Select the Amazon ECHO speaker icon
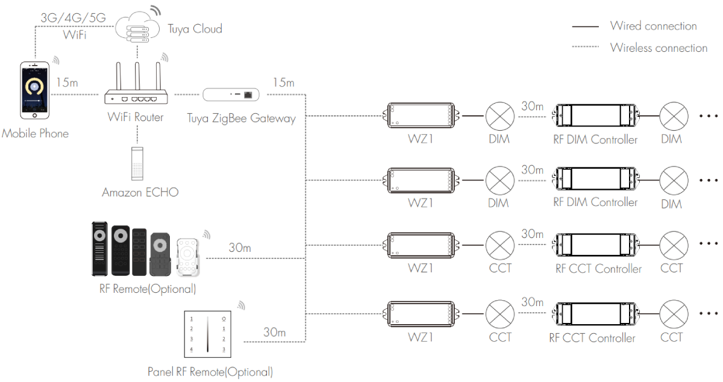click(x=137, y=162)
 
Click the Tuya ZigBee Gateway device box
click(x=231, y=95)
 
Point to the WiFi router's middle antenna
click(x=138, y=75)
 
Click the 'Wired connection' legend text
click(x=653, y=26)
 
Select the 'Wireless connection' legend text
click(x=659, y=48)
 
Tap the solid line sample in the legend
click(x=584, y=27)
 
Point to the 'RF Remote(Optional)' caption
click(x=148, y=289)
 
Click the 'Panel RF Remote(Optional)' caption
click(x=210, y=371)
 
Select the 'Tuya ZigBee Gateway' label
click(x=241, y=118)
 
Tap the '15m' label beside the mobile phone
click(x=67, y=82)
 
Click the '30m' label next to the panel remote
click(x=274, y=331)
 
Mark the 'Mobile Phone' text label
click(x=35, y=133)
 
